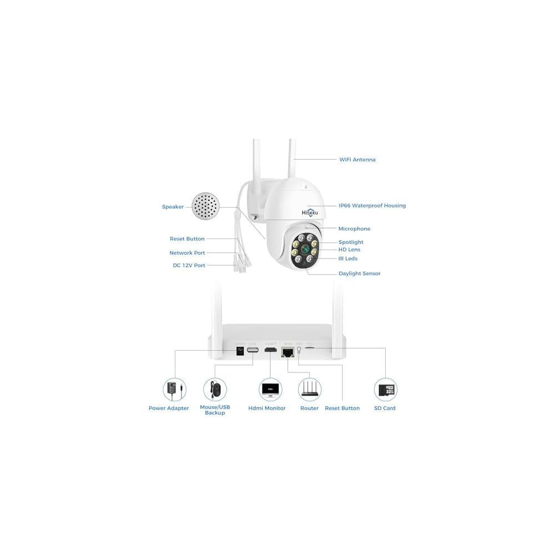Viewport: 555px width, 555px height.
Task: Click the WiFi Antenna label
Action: [x=357, y=160]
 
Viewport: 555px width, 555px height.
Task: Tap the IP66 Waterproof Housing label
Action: [x=372, y=206]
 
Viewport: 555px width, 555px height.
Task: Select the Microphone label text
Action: [x=354, y=229]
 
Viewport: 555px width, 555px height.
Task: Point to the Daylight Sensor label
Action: [x=359, y=274]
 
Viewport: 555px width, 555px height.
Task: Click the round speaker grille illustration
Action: [x=205, y=206]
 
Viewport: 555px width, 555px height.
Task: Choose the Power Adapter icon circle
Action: [x=174, y=390]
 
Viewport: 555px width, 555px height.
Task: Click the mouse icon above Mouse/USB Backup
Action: [x=215, y=390]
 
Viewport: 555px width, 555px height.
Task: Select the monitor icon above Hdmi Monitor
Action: [x=270, y=390]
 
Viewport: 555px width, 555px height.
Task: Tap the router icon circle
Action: [x=310, y=390]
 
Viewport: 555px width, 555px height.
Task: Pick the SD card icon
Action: [x=385, y=390]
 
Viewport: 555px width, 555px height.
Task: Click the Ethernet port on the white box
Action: [x=287, y=352]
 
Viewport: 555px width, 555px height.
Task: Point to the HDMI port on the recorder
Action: [x=270, y=351]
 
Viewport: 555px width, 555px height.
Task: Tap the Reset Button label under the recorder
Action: [x=342, y=408]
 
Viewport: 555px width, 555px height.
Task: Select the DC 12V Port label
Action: [x=189, y=266]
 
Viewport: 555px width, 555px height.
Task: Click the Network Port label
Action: [x=187, y=253]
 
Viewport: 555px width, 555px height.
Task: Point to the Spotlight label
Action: [x=351, y=243]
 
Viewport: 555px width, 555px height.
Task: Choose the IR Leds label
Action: [x=348, y=259]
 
